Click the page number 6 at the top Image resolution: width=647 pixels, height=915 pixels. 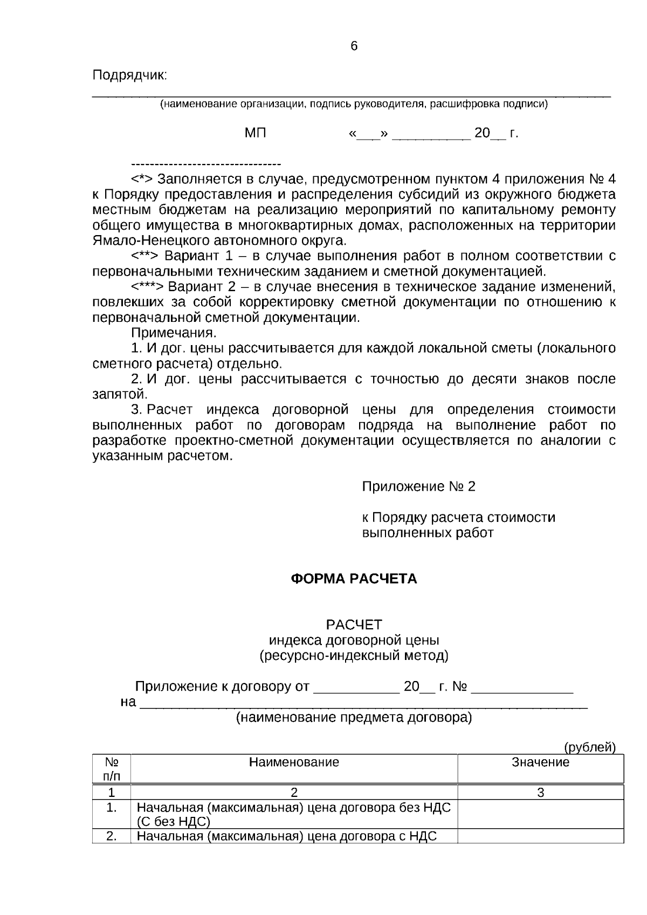(x=354, y=46)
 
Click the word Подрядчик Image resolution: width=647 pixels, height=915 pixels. (x=130, y=75)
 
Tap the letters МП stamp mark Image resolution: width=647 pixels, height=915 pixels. (x=256, y=133)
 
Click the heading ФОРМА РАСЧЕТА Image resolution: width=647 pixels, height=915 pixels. (x=354, y=579)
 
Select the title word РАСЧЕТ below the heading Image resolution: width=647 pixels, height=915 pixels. (x=354, y=625)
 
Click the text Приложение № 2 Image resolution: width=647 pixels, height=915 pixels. (x=418, y=487)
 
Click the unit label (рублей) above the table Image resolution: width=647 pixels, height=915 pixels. (x=589, y=747)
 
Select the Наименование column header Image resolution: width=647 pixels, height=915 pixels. (x=294, y=762)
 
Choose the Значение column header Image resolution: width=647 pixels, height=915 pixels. (x=540, y=762)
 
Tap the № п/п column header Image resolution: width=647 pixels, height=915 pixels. (x=112, y=769)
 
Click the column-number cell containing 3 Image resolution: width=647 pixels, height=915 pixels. (x=540, y=793)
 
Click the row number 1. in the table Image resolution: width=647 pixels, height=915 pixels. (x=112, y=808)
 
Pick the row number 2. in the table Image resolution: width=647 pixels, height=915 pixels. (x=112, y=837)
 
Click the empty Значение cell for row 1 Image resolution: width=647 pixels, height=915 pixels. (x=540, y=814)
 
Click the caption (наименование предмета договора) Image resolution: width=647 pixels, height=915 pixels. (x=354, y=718)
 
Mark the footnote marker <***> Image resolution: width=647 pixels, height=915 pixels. (x=147, y=286)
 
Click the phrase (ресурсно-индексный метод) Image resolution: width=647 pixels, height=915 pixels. (x=354, y=656)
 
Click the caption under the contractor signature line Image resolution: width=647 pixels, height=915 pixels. (x=354, y=105)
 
